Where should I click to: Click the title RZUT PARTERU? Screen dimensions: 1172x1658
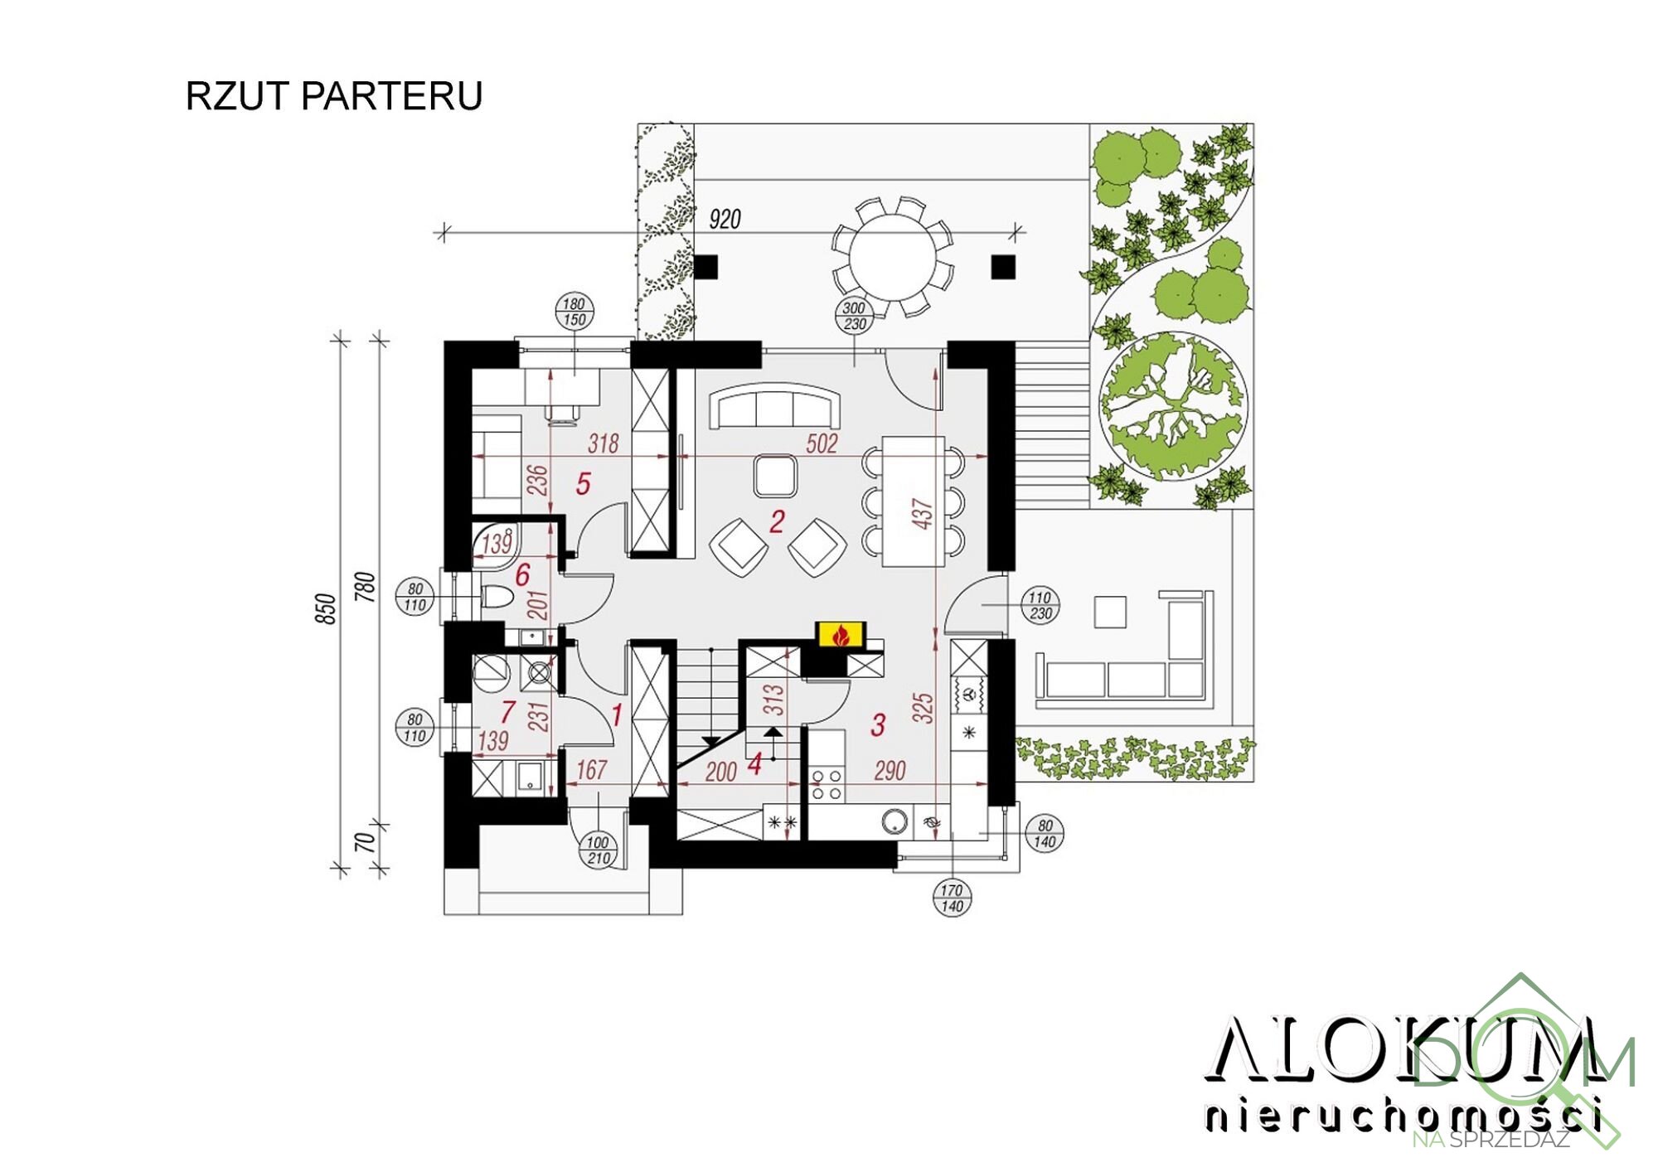(333, 96)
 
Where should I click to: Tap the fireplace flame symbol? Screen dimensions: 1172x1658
(841, 635)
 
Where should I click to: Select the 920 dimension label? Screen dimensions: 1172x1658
(725, 220)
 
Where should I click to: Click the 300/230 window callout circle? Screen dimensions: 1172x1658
(855, 316)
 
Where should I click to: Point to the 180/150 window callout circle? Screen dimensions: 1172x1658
(574, 312)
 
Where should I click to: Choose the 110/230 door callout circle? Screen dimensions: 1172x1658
(1040, 606)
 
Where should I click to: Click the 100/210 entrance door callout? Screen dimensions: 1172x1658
(598, 850)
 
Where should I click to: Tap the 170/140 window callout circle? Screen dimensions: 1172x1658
(952, 898)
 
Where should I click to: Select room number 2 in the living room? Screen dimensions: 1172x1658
(777, 521)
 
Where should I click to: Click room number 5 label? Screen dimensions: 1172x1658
(583, 484)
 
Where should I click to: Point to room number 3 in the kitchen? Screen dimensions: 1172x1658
(878, 725)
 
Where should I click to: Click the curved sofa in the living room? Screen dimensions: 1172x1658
(774, 405)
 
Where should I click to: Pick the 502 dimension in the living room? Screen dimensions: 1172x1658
(822, 444)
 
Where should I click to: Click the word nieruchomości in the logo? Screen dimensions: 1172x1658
(1401, 1115)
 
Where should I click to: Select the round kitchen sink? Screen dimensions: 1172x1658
(895, 821)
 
